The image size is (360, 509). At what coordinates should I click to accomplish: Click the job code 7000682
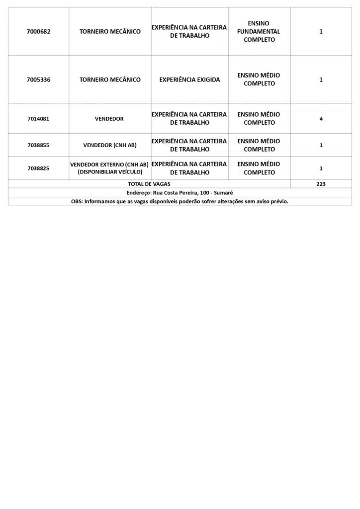38,31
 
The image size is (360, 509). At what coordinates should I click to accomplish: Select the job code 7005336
38,80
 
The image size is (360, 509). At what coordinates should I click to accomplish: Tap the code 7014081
38,119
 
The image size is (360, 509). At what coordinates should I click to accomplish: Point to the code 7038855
38,145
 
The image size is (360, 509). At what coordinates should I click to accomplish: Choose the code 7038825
38,169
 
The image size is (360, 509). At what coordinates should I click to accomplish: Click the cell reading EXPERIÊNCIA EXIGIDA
189,80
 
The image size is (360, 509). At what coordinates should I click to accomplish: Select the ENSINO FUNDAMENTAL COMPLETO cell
259,31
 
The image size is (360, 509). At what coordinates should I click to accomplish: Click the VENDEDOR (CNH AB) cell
109,145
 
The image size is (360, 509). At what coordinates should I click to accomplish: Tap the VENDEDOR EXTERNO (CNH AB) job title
109,165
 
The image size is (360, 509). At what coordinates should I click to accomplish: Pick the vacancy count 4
321,119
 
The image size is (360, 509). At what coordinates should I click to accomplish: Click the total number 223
321,184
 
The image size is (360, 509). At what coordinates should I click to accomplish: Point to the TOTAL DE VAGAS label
149,184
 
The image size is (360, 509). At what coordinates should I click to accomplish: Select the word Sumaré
223,192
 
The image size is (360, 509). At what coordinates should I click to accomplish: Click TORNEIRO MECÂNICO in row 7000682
109,31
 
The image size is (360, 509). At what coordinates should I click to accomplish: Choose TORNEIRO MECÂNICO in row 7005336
109,80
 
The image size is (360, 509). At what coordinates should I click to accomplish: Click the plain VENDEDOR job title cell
109,119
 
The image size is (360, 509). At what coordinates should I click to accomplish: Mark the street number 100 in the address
205,192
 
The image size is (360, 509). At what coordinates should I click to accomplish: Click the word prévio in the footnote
278,201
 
